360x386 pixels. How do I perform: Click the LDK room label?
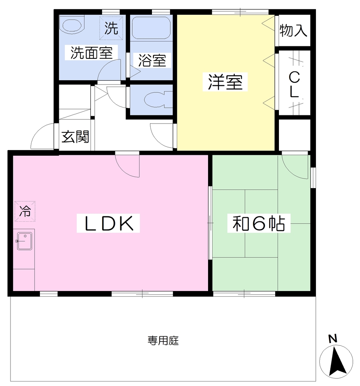pos(109,223)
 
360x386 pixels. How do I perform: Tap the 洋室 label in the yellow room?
pos(225,82)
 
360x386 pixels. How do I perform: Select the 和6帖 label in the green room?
pos(259,223)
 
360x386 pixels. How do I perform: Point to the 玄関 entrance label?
pos(75,136)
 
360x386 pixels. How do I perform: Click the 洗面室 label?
pos(92,52)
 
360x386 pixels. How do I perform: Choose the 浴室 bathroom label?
pos(152,60)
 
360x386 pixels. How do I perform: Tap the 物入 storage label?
pos(293,31)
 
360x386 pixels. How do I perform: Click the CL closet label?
pos(294,85)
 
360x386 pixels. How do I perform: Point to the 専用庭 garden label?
pos(163,340)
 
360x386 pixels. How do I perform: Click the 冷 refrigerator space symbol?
pos(25,211)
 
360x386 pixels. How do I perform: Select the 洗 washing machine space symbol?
pos(111,28)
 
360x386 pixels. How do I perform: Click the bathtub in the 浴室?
pos(151,28)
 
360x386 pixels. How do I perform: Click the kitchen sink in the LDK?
pos(25,241)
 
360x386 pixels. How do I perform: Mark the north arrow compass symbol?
pos(336,361)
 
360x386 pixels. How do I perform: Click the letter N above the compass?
pos(332,339)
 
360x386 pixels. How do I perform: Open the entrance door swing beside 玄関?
pos(42,136)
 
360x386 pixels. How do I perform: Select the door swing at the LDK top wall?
pos(127,164)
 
